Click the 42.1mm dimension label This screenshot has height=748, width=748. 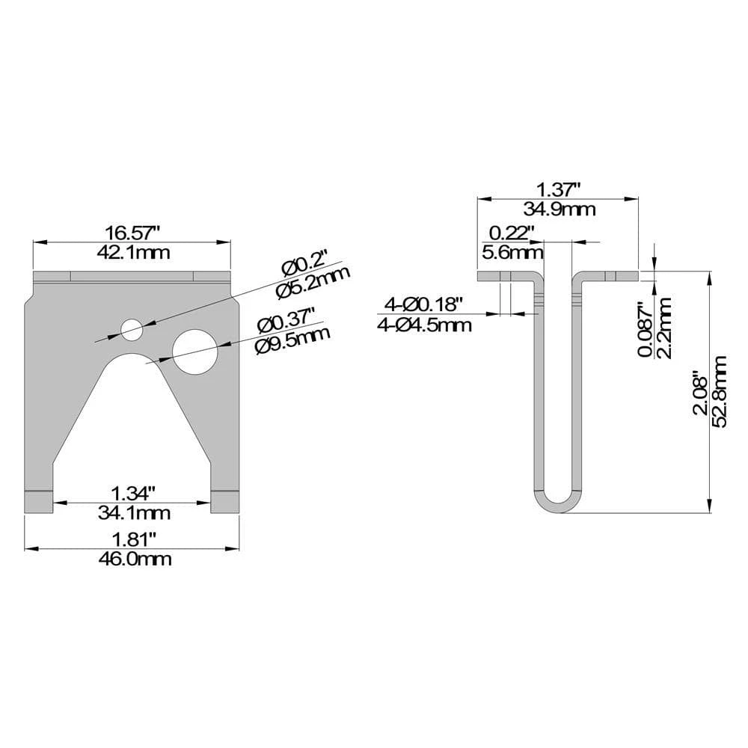(x=134, y=252)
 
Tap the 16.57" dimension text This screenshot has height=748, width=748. (x=132, y=233)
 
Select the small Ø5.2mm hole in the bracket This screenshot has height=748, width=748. (x=132, y=329)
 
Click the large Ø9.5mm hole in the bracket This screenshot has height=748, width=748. (x=195, y=351)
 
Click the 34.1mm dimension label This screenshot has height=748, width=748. (x=134, y=513)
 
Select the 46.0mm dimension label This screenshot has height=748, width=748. (x=135, y=558)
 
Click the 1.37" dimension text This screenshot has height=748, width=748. (x=558, y=190)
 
